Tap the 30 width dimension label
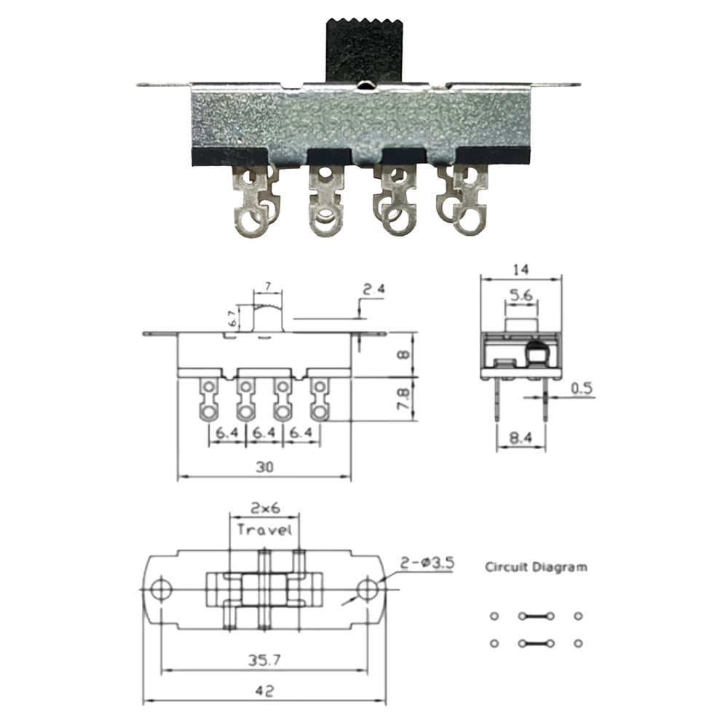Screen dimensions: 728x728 click(264, 469)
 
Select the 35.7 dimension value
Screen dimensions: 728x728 click(264, 661)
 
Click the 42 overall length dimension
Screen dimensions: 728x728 click(264, 692)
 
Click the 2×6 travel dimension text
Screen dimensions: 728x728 click(264, 507)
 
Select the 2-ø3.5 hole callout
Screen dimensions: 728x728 click(427, 562)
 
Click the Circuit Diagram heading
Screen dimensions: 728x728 click(536, 566)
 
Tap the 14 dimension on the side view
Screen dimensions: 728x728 click(520, 269)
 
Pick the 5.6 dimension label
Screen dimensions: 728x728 click(520, 296)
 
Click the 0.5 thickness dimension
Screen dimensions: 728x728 click(581, 389)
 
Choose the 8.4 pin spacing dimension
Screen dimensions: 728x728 click(520, 438)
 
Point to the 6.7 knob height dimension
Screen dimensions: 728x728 click(232, 317)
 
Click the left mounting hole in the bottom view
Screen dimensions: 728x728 click(159, 588)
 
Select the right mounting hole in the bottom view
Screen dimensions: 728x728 click(369, 588)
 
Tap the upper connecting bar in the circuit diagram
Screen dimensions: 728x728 click(536, 617)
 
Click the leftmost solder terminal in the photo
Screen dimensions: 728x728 click(251, 204)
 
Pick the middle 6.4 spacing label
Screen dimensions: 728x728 click(264, 433)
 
